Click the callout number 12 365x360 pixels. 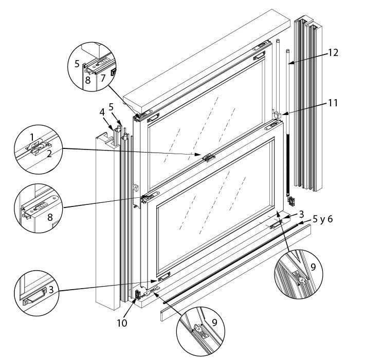[x=333, y=52]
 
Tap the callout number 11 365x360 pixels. [x=333, y=103]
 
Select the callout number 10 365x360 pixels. [x=122, y=324]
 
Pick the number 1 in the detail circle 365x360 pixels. [x=32, y=138]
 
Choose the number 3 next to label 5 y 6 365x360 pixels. [x=302, y=214]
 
